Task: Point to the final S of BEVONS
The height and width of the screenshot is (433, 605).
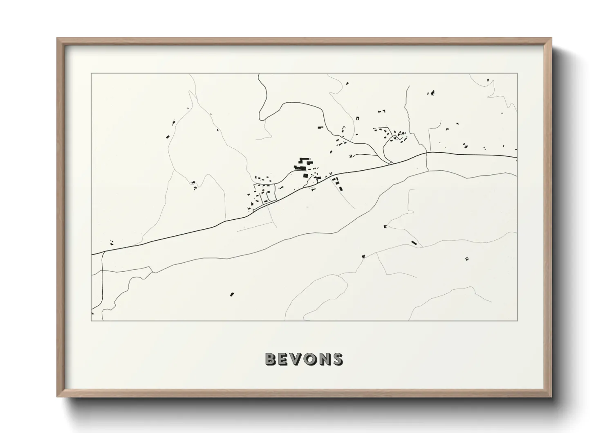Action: (338, 359)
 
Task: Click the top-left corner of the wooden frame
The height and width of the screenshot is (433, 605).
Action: (58, 38)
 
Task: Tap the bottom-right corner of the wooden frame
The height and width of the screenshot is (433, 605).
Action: (551, 397)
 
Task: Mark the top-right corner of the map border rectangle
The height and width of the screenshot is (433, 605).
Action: (518, 73)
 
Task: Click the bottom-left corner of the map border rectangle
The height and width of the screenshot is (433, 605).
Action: (92, 321)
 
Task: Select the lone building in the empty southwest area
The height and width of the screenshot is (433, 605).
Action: (232, 294)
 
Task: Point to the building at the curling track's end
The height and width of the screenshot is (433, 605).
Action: (385, 226)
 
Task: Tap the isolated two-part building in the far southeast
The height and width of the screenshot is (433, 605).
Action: (467, 258)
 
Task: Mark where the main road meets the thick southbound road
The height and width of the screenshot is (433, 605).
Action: (103, 251)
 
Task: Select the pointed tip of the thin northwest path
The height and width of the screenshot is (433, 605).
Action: (190, 91)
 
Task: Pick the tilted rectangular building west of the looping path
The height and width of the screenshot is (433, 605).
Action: (168, 136)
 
